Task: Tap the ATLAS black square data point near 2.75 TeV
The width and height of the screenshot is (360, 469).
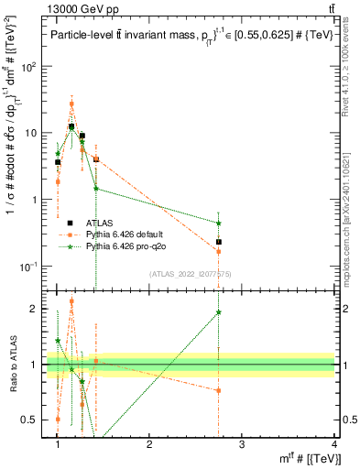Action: tap(218, 242)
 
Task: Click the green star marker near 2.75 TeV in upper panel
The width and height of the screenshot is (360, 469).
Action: tap(218, 223)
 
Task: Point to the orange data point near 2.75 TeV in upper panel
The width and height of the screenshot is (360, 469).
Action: tap(218, 251)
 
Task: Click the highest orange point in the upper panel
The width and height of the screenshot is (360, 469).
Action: tap(71, 104)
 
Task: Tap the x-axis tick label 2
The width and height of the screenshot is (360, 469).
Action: tap(149, 444)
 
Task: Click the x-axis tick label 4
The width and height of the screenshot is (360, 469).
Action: tap(333, 444)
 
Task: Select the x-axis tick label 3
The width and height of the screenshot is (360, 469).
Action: tap(241, 444)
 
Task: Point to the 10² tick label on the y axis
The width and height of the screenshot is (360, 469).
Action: tap(28, 67)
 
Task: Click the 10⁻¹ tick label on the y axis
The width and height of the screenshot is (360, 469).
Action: tap(28, 267)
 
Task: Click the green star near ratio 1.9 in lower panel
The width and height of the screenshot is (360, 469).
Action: tap(218, 311)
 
